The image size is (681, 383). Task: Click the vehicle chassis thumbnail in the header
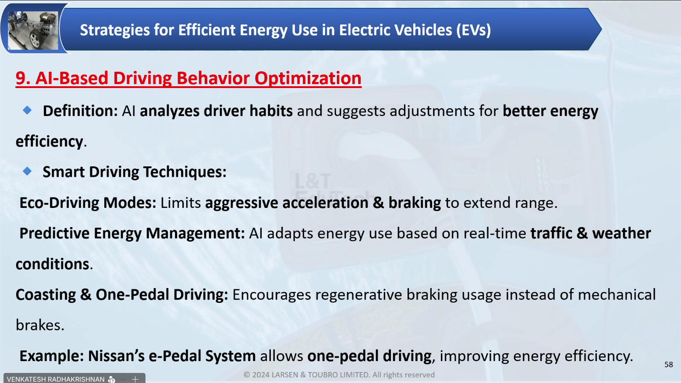point(33,30)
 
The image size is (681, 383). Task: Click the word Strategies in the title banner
point(115,30)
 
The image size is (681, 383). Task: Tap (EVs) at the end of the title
point(473,30)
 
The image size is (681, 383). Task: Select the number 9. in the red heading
point(23,78)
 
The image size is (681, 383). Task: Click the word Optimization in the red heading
point(308,78)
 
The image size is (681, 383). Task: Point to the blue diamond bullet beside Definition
point(27,110)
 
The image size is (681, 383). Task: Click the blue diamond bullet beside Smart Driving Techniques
point(27,171)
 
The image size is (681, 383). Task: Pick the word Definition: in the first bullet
point(80,111)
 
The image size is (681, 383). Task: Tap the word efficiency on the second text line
point(49,142)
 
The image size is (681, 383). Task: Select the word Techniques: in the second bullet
point(185,172)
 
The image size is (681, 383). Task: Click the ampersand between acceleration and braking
point(378,203)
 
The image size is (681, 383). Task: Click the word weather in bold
point(621,233)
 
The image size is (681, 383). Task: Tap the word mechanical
point(617,295)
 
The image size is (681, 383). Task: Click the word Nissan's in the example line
point(116,356)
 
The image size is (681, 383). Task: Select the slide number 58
point(669,365)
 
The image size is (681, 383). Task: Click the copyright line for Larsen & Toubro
point(339,375)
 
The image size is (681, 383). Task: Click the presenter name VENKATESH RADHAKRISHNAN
point(56,379)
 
